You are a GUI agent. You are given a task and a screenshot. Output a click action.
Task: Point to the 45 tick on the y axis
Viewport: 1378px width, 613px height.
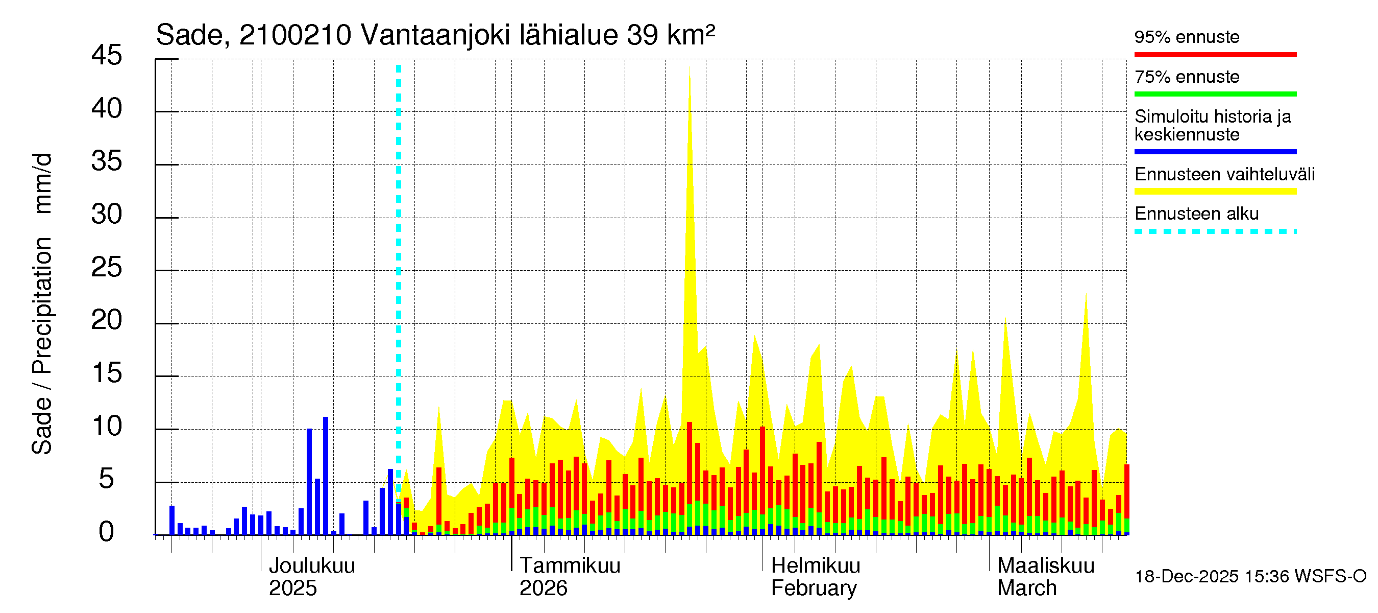107,56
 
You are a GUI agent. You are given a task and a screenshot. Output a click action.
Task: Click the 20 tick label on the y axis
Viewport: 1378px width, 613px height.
107,321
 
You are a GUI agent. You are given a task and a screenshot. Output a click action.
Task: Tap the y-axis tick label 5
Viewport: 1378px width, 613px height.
107,479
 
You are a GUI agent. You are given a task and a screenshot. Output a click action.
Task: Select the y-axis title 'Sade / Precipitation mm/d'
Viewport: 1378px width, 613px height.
42,303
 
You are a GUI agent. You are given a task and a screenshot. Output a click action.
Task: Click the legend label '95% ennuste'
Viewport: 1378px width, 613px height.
1187,37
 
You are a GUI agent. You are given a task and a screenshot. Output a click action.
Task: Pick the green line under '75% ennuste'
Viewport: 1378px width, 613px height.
1215,94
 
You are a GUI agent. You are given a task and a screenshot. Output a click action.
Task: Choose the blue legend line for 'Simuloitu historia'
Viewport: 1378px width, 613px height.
1215,152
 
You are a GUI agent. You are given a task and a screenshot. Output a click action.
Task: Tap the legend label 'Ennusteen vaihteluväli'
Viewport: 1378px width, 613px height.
1224,175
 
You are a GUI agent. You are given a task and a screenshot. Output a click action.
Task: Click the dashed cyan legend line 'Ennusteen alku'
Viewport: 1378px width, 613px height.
1215,232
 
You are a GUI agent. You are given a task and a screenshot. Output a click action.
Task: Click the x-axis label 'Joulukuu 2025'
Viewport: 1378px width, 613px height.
311,577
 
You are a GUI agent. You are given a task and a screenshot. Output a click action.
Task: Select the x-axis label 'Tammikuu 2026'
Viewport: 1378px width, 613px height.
569,577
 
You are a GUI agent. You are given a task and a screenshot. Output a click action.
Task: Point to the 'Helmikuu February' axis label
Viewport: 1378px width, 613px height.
815,577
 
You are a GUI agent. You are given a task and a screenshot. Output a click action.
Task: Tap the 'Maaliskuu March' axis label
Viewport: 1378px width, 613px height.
1045,577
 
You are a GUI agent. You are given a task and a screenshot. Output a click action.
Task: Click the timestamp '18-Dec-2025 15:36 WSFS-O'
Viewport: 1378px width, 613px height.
1250,577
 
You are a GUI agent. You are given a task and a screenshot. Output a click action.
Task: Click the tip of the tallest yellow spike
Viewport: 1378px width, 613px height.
690,68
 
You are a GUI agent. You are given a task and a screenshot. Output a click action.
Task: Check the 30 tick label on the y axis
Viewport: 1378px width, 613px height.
107,215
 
